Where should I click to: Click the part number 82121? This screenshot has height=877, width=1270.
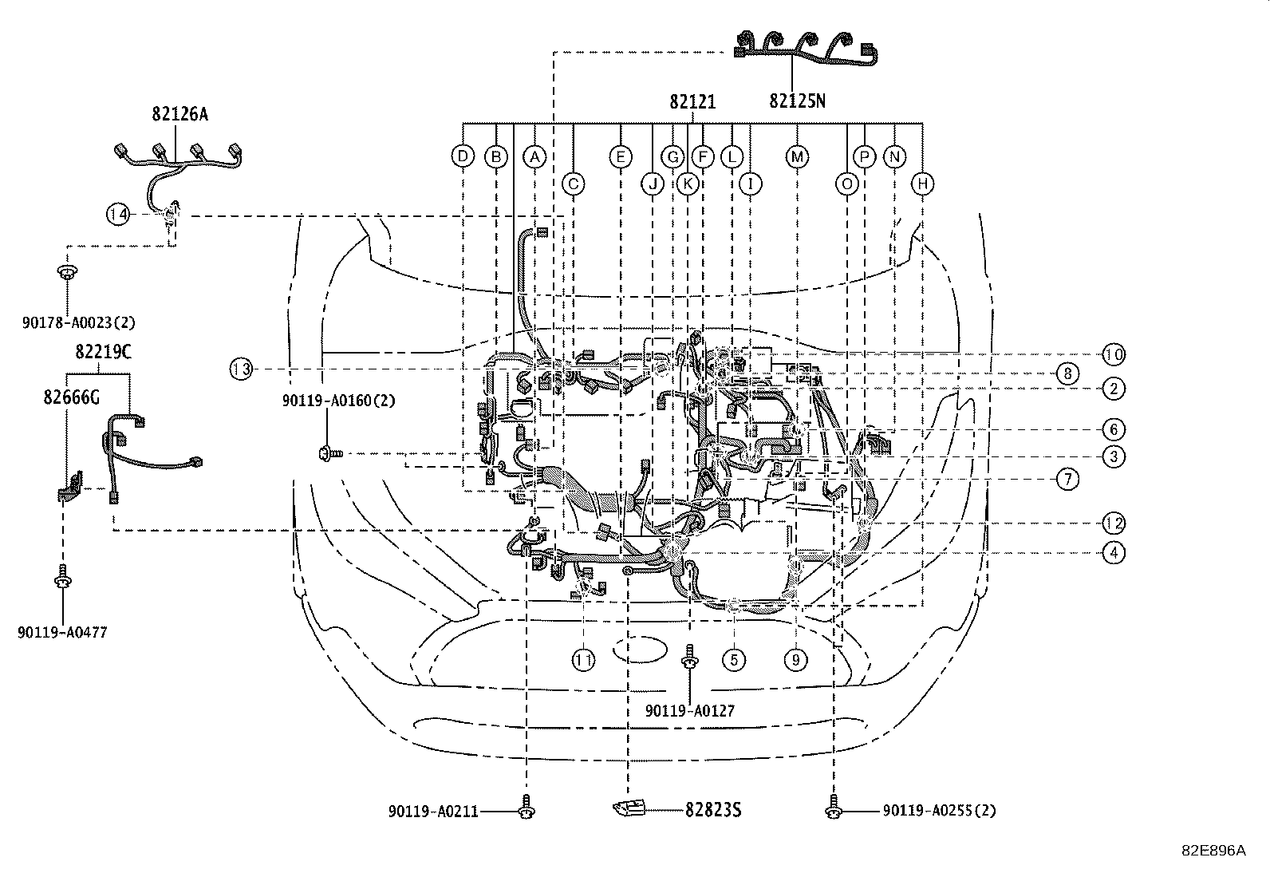coord(692,101)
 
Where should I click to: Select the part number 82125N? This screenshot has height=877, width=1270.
coord(797,101)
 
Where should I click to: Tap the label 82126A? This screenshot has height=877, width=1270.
coord(179,114)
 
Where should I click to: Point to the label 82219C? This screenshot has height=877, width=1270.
coord(104,352)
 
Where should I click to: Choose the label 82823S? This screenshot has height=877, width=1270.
coord(713,810)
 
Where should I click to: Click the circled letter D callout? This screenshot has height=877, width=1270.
coord(463,156)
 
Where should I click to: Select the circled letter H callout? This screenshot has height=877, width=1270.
coord(923,184)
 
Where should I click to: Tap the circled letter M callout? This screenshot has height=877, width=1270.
coord(797,156)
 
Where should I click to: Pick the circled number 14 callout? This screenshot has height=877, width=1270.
coord(118,214)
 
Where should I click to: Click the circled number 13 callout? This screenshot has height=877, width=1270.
coord(241,369)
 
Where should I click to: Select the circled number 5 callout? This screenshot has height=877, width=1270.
coord(734,659)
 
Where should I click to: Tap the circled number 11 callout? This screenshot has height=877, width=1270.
coord(583,659)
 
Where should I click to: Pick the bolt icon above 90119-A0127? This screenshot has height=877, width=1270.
coord(689,658)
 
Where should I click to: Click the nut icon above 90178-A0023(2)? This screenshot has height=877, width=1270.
coord(67,271)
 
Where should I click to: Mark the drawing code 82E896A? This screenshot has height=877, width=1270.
coord(1213,851)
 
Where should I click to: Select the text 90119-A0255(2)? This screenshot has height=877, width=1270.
coord(939,811)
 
